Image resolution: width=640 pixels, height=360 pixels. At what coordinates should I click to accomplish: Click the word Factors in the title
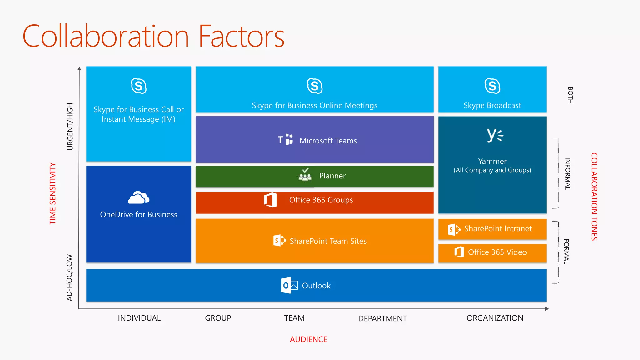pyautogui.click(x=241, y=37)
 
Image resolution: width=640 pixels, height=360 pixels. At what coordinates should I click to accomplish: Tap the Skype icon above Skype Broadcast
pyautogui.click(x=492, y=86)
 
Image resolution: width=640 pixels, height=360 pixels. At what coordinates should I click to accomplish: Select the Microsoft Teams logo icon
pyautogui.click(x=286, y=139)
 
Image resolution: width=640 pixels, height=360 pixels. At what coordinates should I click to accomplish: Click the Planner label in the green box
pyautogui.click(x=332, y=176)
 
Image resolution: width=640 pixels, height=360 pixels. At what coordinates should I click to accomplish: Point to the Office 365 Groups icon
pyautogui.click(x=270, y=200)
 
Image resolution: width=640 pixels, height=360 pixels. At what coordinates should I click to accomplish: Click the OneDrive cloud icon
pyautogui.click(x=139, y=197)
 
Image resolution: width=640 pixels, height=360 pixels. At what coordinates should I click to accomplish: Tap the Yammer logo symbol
pyautogui.click(x=495, y=135)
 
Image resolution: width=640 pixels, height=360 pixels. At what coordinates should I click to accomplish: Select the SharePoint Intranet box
pyautogui.click(x=492, y=229)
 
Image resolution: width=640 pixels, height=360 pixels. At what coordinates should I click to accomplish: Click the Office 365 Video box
pyautogui.click(x=492, y=252)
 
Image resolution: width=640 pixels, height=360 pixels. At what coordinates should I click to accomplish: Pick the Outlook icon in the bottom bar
pyautogui.click(x=289, y=285)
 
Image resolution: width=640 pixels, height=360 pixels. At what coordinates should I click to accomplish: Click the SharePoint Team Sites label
pyautogui.click(x=328, y=241)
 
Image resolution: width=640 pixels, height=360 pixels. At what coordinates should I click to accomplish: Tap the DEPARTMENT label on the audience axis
pyautogui.click(x=382, y=318)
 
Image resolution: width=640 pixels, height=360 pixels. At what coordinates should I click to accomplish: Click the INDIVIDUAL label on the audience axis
pyautogui.click(x=139, y=318)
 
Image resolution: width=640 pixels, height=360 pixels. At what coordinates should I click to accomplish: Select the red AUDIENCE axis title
pyautogui.click(x=308, y=339)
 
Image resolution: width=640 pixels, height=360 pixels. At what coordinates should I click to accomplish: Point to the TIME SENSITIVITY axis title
pyautogui.click(x=53, y=193)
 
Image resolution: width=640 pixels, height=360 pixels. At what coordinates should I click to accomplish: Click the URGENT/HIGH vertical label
pyautogui.click(x=70, y=127)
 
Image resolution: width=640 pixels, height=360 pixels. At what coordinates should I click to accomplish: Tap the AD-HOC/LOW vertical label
pyautogui.click(x=69, y=277)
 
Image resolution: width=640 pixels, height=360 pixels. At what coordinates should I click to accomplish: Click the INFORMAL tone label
pyautogui.click(x=567, y=173)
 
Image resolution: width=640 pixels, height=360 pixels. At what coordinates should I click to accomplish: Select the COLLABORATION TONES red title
pyautogui.click(x=594, y=197)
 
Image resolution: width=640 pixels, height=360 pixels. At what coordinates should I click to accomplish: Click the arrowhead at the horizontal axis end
pyautogui.click(x=547, y=309)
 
